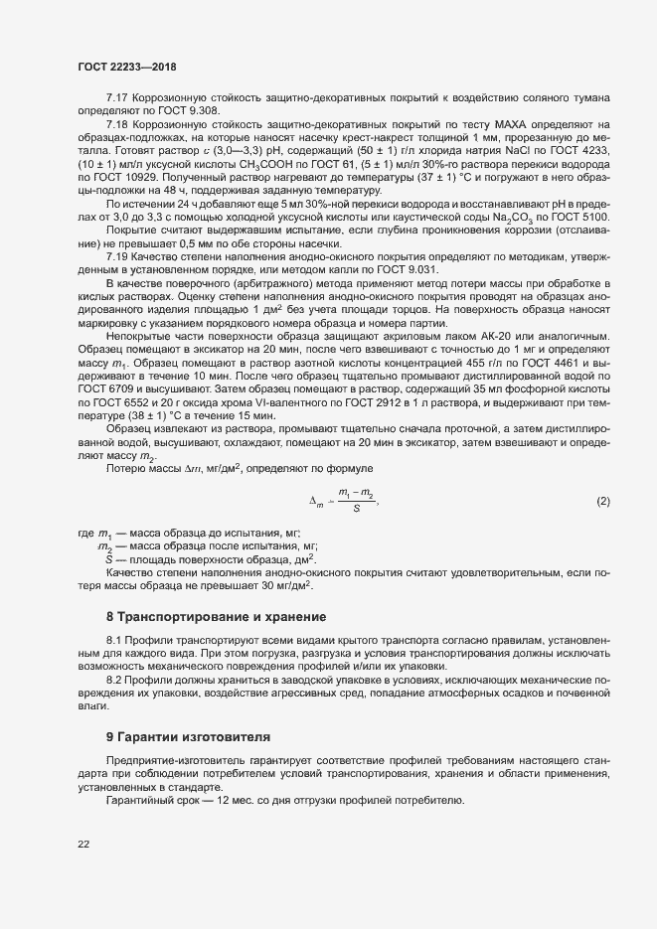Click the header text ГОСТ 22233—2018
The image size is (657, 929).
[x=119, y=66]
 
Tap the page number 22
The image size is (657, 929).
[x=83, y=845]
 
